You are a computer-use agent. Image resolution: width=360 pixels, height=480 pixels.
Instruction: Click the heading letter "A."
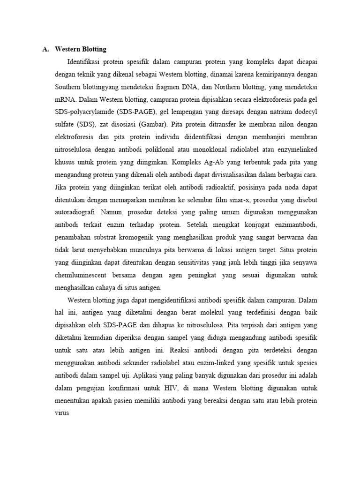coord(45,49)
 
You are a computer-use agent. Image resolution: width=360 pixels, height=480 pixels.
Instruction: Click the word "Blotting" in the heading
coord(94,49)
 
